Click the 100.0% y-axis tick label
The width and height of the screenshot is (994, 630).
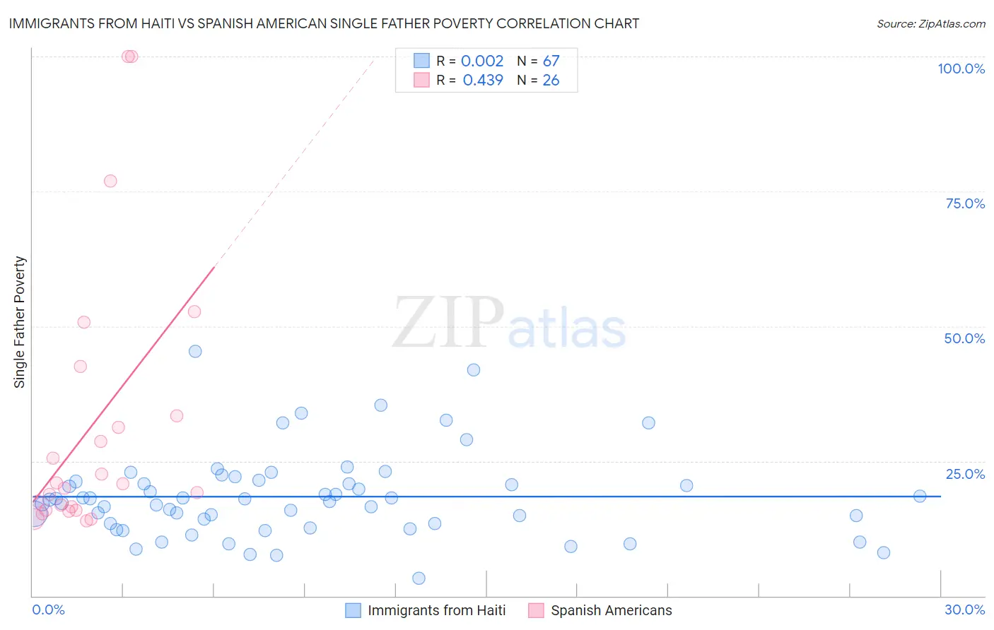coord(961,69)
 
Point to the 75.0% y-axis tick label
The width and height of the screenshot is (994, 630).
coord(965,203)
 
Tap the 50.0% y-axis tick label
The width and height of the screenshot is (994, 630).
coord(964,338)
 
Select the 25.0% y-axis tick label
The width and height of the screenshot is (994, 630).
coord(965,474)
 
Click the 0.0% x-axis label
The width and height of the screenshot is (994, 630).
coord(48,610)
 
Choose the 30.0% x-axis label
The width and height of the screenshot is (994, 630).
coord(964,610)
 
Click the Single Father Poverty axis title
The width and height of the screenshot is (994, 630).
coord(20,322)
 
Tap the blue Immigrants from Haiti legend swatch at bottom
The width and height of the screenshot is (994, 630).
coord(353,610)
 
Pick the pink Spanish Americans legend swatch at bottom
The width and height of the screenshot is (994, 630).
coord(536,610)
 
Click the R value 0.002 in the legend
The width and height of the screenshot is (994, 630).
coord(482,61)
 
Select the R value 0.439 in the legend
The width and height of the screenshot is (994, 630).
coord(483,81)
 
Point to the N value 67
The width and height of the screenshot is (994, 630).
coord(551,61)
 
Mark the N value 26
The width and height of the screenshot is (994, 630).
coord(551,81)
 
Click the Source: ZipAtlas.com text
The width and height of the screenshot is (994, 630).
coord(930,24)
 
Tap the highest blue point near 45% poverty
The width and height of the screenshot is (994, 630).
coord(195,351)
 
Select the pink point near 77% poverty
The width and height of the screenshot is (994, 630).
coord(110,181)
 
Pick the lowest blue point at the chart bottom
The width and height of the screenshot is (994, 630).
coord(419,578)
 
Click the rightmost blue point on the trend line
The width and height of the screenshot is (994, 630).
coord(920,496)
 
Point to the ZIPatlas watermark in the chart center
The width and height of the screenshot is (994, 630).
coord(509,323)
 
